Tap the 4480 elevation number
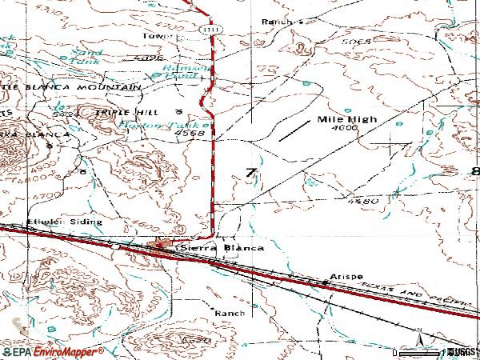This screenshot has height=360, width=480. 364,201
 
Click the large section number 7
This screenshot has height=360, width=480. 252,174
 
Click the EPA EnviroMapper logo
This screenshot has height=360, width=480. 52,351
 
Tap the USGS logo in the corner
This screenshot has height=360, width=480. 461,351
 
